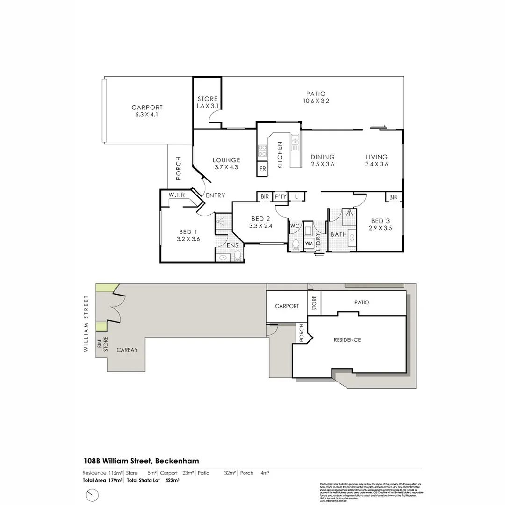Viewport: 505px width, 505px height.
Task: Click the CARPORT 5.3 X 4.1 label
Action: pyautogui.click(x=147, y=111)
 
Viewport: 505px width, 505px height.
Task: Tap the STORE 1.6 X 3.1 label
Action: pyautogui.click(x=207, y=102)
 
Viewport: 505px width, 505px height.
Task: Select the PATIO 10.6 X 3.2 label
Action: pyautogui.click(x=316, y=97)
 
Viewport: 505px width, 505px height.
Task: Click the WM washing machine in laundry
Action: pyautogui.click(x=309, y=243)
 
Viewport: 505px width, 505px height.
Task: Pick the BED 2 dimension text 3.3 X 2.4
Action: pyautogui.click(x=260, y=226)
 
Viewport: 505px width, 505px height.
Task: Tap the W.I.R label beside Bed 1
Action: pyautogui.click(x=177, y=195)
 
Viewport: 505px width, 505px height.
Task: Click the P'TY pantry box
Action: pyautogui.click(x=280, y=197)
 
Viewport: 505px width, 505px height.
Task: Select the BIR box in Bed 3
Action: pyautogui.click(x=393, y=197)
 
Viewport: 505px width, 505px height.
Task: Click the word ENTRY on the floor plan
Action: pyautogui.click(x=215, y=195)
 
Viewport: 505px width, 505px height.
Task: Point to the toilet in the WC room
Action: pyautogui.click(x=296, y=244)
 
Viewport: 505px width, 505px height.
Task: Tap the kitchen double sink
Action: pyautogui.click(x=295, y=142)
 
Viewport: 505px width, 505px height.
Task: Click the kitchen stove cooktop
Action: pyautogui.click(x=262, y=151)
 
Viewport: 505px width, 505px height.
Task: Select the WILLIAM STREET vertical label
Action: pyautogui.click(x=86, y=325)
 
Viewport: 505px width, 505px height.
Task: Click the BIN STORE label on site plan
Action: pyautogui.click(x=102, y=344)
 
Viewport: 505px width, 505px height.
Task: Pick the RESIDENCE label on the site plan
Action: pyautogui.click(x=347, y=340)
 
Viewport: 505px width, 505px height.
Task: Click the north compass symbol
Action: pyautogui.click(x=93, y=494)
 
